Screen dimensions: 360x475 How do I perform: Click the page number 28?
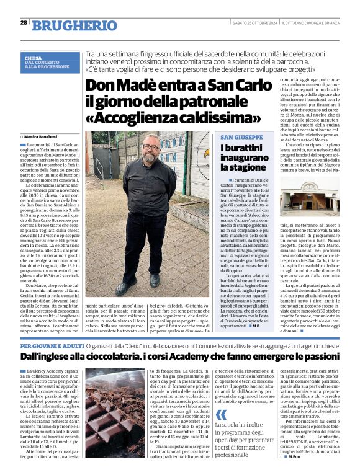tap(23, 22)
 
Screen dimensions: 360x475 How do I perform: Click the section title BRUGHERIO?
tap(66, 25)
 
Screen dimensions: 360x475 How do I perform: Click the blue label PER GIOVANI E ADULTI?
tap(50, 345)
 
